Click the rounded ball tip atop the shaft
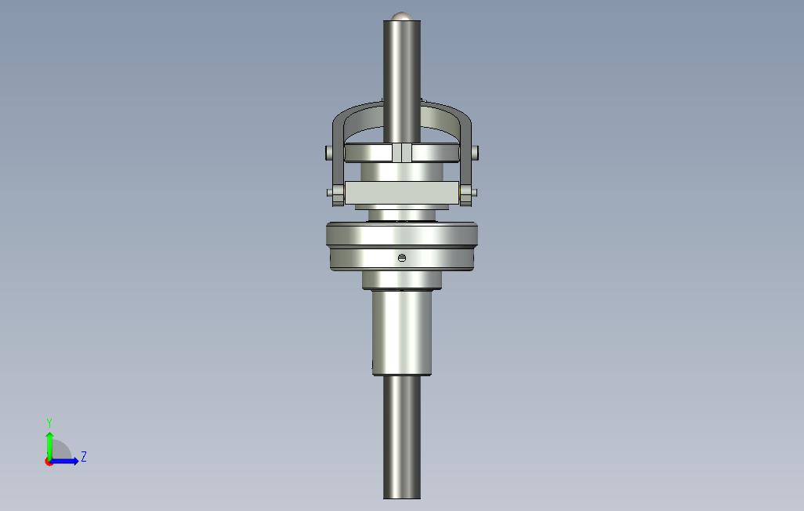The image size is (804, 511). click(x=402, y=16)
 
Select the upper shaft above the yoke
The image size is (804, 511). click(x=402, y=71)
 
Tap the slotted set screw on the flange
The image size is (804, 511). click(x=402, y=258)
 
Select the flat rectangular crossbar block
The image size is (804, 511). click(x=401, y=193)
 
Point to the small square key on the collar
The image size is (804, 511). click(x=401, y=152)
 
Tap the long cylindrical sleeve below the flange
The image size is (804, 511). click(x=402, y=333)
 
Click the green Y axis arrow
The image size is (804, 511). click(x=49, y=444)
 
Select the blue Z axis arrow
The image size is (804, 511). click(x=67, y=461)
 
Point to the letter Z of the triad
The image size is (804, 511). click(x=84, y=456)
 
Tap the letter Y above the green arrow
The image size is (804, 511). click(x=49, y=423)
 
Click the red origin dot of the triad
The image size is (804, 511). click(x=49, y=462)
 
